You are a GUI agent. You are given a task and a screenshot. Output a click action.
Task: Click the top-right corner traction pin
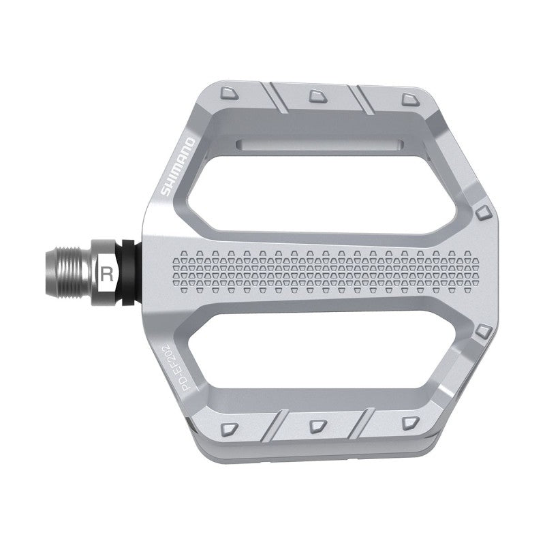click(407, 100)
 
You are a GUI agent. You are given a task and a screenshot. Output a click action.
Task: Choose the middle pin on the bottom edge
click(317, 425)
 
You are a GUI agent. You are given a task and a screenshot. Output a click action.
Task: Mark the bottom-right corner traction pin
click(408, 422)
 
